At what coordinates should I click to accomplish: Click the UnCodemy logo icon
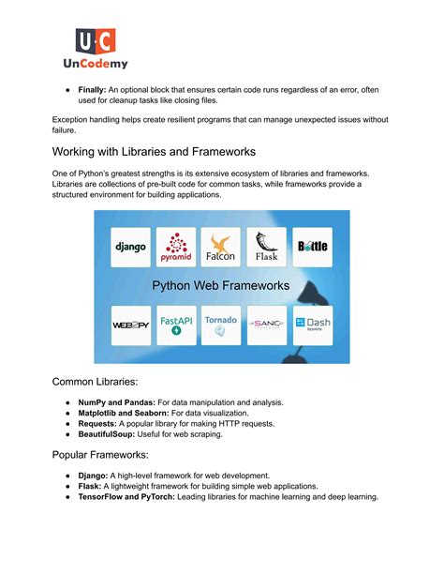(x=96, y=41)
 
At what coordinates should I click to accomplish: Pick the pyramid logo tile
(x=176, y=247)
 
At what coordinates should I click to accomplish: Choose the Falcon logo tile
(x=221, y=247)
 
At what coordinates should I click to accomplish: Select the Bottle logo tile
(x=312, y=247)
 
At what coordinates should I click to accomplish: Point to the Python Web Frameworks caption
(x=221, y=286)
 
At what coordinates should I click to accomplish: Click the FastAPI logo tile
(x=176, y=325)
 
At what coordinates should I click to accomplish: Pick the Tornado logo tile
(x=221, y=325)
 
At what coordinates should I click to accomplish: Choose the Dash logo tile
(x=312, y=325)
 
